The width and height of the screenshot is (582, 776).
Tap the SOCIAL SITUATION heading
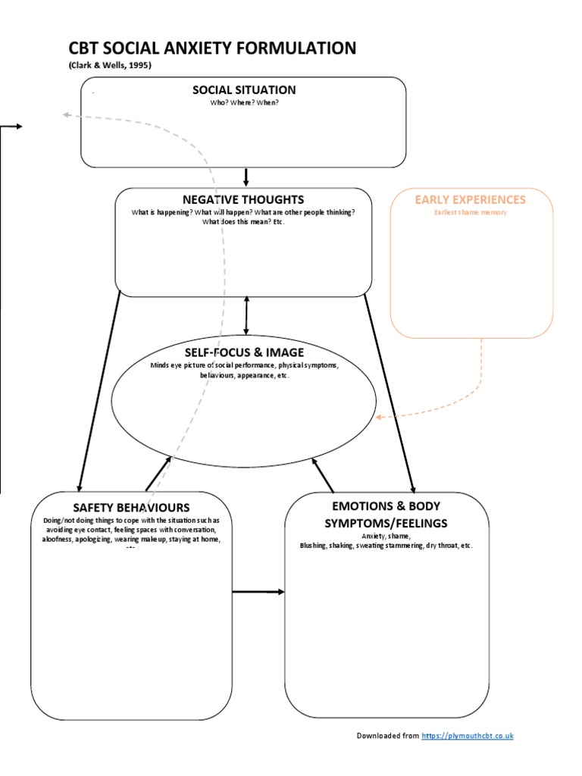[x=244, y=90]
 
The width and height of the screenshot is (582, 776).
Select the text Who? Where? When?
[x=244, y=102]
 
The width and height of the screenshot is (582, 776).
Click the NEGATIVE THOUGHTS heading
[x=243, y=199]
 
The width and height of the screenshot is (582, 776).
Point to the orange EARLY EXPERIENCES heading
[x=470, y=199]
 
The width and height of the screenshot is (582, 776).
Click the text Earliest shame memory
[x=471, y=213]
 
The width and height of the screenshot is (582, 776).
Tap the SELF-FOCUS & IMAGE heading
[x=244, y=352]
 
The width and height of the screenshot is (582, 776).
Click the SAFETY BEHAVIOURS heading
[x=131, y=507]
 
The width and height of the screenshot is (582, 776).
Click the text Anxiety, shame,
[x=385, y=536]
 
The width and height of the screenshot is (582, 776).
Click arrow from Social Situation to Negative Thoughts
[x=246, y=177]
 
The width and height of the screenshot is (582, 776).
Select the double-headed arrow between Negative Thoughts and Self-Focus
[x=246, y=314]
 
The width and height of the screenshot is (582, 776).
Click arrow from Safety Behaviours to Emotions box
[x=258, y=591]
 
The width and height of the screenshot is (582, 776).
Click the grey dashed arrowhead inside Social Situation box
[x=67, y=114]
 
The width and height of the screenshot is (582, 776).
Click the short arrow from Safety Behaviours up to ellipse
[x=158, y=473]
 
